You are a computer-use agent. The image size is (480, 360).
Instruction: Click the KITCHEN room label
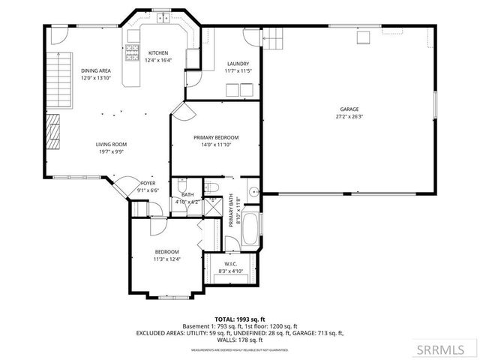(x=158, y=53)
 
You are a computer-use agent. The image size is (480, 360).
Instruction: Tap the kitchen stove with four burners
(x=132, y=52)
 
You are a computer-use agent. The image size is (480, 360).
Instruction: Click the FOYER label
(x=147, y=182)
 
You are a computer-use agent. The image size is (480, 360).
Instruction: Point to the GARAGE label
(x=349, y=109)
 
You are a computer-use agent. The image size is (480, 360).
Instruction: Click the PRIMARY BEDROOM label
(x=216, y=138)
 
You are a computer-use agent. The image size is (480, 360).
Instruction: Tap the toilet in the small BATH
(x=211, y=185)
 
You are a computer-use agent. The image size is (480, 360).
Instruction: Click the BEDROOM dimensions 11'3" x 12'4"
(x=166, y=259)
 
